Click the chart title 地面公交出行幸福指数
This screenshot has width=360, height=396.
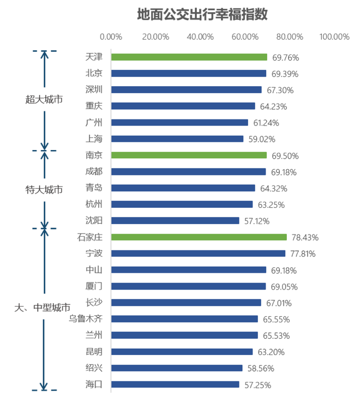(x=202, y=15)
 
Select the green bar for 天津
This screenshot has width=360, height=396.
(x=189, y=57)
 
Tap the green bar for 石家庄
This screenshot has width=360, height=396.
(x=199, y=237)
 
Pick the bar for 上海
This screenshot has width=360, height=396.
(x=177, y=139)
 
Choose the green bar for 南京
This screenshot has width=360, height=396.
(x=189, y=155)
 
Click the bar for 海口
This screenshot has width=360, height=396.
(x=175, y=385)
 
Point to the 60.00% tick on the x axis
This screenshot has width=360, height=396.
(x=245, y=37)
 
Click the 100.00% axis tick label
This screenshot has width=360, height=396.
(x=334, y=37)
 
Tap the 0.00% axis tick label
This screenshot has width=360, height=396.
(x=111, y=37)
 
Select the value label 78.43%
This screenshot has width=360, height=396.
(x=305, y=238)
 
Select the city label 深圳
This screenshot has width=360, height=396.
(x=94, y=89)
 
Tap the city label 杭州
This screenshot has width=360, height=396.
(x=94, y=204)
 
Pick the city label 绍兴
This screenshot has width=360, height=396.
(x=94, y=368)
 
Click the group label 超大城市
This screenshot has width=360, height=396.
(x=44, y=99)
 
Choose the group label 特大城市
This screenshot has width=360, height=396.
(x=44, y=190)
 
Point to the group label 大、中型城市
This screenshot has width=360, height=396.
(x=42, y=308)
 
